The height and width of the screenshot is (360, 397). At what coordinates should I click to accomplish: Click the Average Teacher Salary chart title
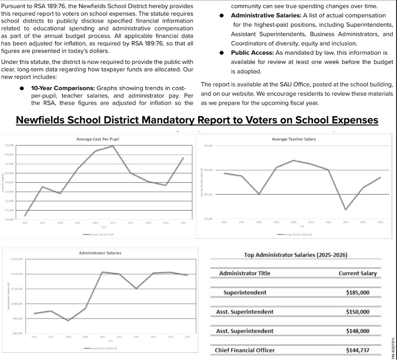click(294, 139)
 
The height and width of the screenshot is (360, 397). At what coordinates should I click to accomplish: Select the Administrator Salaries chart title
click(100, 253)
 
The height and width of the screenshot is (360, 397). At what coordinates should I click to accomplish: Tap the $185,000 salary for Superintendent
click(358, 292)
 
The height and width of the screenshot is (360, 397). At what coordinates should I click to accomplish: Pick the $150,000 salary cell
click(358, 312)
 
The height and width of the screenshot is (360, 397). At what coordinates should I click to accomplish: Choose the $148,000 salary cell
click(358, 331)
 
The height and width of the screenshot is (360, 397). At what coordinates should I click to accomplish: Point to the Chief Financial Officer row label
click(245, 350)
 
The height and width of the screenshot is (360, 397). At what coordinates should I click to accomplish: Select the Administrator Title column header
click(244, 273)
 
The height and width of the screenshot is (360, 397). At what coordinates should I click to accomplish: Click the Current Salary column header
click(357, 273)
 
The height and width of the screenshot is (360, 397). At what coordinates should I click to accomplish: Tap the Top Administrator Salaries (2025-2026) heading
click(296, 255)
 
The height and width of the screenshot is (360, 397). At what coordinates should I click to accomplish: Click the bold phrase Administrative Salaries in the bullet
click(266, 15)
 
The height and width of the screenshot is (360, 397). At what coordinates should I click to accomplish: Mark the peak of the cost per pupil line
click(112, 146)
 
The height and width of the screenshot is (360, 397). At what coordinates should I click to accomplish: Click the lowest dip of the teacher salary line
click(346, 209)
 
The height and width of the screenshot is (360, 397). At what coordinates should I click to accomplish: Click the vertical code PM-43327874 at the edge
click(393, 343)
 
